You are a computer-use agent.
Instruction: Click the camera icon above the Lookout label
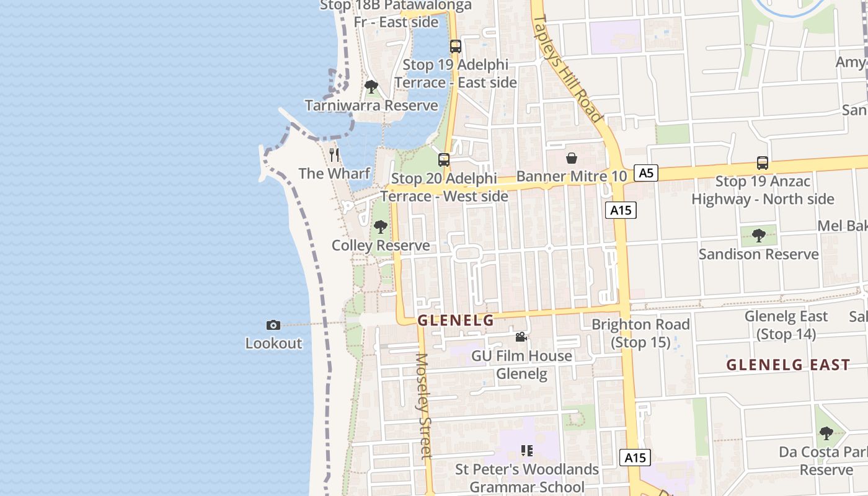(x=273, y=325)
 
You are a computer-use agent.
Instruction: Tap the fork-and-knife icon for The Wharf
(x=335, y=154)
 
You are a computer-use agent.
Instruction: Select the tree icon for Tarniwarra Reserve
(x=371, y=87)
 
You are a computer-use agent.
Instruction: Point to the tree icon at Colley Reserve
(x=381, y=227)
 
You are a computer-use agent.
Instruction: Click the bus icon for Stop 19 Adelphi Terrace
(x=456, y=46)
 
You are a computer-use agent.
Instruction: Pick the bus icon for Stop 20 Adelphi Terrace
(x=444, y=160)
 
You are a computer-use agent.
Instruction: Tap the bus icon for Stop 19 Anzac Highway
(x=763, y=163)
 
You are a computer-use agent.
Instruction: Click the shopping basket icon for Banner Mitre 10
(x=572, y=159)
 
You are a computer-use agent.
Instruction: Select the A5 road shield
(x=646, y=173)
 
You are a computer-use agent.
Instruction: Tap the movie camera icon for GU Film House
(x=521, y=337)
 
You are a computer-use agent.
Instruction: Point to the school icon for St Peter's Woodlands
(x=527, y=451)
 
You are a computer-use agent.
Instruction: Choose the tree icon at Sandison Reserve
(x=758, y=236)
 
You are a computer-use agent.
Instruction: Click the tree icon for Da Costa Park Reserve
(x=826, y=433)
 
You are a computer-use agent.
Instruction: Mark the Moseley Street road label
(x=424, y=406)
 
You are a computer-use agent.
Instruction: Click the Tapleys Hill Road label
(x=567, y=68)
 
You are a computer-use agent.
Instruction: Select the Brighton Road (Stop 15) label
(x=640, y=333)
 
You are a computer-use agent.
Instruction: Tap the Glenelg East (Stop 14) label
(x=786, y=325)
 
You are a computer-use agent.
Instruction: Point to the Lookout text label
(x=273, y=343)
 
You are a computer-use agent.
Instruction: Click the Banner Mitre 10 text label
(x=572, y=176)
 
